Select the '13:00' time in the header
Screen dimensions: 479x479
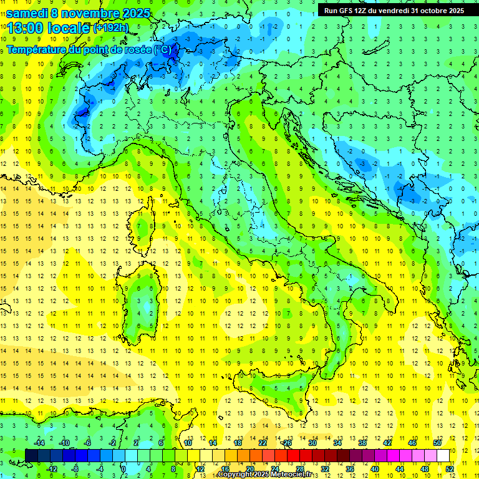(x=24, y=28)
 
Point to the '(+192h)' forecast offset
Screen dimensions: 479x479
(x=110, y=28)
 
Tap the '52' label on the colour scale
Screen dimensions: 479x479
(x=450, y=469)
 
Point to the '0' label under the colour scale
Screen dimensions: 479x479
(x=123, y=469)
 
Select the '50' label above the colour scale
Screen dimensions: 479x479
(x=437, y=443)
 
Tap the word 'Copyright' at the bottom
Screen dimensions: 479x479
(x=235, y=475)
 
